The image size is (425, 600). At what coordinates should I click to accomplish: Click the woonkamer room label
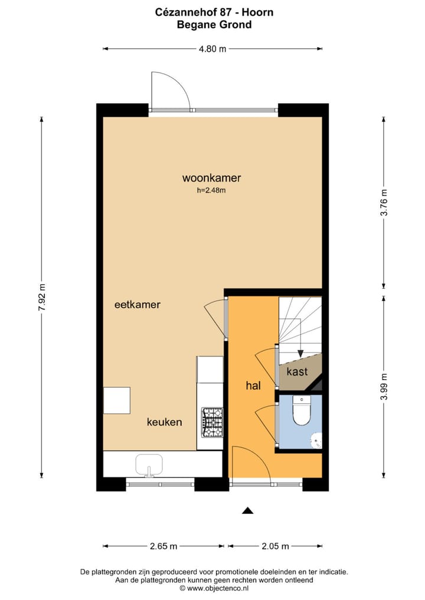click(x=211, y=177)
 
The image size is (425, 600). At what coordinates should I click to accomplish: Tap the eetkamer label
click(x=138, y=305)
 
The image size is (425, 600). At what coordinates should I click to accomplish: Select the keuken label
click(x=164, y=422)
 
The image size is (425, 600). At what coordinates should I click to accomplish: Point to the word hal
click(x=253, y=386)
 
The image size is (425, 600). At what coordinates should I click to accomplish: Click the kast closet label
click(x=297, y=372)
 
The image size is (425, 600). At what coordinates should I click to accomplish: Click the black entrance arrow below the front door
click(x=248, y=510)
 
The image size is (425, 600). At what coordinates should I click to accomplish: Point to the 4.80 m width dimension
click(x=212, y=49)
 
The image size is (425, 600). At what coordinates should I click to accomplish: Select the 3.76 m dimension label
click(x=384, y=203)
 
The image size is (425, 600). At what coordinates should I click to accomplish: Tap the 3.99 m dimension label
click(x=384, y=387)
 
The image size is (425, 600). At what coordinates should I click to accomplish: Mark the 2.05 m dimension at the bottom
click(x=274, y=546)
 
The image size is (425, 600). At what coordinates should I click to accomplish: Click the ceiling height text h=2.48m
click(x=211, y=190)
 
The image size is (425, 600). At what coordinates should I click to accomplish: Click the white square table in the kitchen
click(x=117, y=400)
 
